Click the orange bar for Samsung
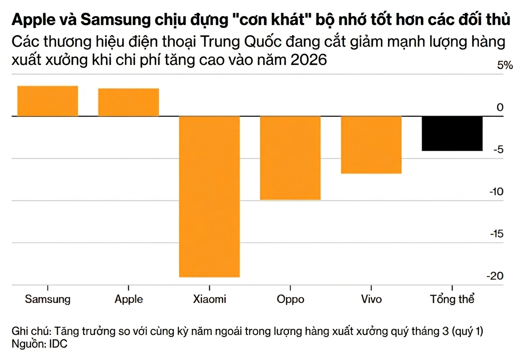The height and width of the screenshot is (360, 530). (x=48, y=101)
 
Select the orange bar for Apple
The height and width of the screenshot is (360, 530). (x=128, y=102)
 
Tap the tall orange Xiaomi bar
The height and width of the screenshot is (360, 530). (x=209, y=196)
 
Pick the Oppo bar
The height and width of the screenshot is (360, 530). (x=290, y=157)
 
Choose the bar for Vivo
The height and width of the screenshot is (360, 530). (x=371, y=145)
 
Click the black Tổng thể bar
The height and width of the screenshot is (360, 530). (x=452, y=133)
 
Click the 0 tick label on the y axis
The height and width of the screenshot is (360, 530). (x=500, y=107)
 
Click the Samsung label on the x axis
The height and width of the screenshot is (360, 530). (x=48, y=299)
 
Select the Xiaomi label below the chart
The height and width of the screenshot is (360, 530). (x=209, y=299)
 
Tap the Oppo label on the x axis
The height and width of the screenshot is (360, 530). (x=290, y=299)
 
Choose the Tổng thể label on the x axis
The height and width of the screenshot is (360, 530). (x=452, y=299)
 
